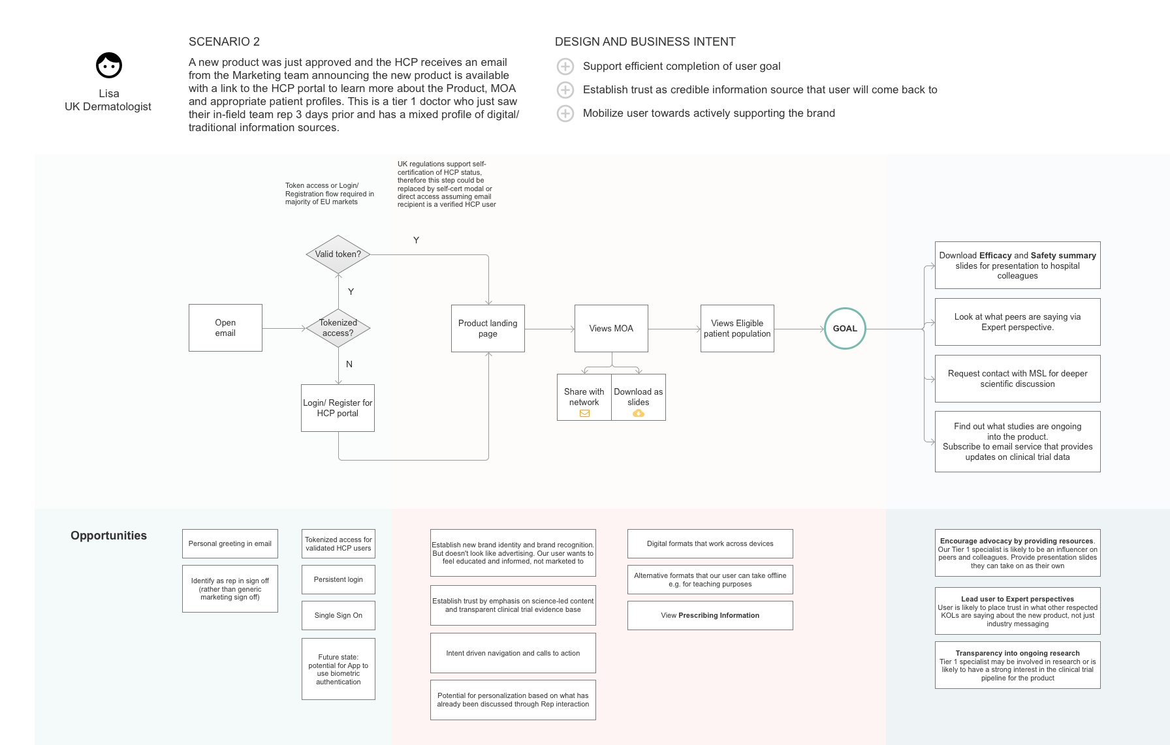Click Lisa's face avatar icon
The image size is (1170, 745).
(109, 65)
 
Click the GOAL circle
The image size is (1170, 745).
(845, 328)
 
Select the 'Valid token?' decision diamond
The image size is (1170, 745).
(338, 254)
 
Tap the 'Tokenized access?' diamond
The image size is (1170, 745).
(338, 327)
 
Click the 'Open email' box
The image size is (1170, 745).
(225, 327)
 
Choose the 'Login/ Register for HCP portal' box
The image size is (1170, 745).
(338, 408)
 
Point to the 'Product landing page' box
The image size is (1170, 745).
(488, 328)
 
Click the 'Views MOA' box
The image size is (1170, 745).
(611, 328)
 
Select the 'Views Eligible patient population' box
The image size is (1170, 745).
(737, 328)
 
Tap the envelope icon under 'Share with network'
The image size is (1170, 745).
(584, 413)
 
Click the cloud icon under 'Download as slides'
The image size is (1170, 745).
(639, 413)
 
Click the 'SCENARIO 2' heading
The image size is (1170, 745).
(224, 42)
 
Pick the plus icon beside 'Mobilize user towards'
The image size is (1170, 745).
(565, 114)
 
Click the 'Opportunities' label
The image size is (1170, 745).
(108, 536)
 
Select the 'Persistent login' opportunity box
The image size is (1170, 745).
(338, 579)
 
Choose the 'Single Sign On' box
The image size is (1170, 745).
(338, 615)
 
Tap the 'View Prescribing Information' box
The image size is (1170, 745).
(710, 615)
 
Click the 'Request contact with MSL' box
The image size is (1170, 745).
(1017, 378)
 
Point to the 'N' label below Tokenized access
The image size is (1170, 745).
(349, 364)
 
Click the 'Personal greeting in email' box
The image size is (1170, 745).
(230, 543)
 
